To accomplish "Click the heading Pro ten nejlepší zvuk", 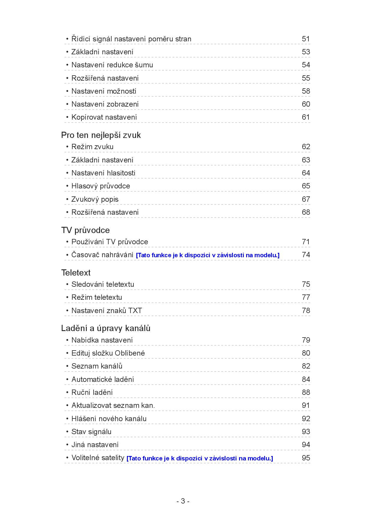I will coord(101,135).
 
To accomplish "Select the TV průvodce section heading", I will coord(85,230).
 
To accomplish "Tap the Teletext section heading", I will coord(76,273).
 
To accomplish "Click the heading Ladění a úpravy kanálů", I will coord(106,328).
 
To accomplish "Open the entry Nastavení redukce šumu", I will coord(112,65).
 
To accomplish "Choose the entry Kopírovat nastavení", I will coord(104,117).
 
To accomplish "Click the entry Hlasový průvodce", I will coord(101,186).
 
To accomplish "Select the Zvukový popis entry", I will coord(95,199).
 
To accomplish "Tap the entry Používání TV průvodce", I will coord(110,242).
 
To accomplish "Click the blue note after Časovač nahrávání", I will coord(207,255).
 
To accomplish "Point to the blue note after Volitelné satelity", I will coord(200,458).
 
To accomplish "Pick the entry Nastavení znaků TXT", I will coord(107,311).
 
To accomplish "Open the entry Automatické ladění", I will coord(102,379).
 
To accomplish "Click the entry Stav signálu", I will coord(91,432).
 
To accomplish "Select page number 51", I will coord(306,39).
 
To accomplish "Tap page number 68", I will coord(306,212).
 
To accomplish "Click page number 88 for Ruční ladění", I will coord(306,392).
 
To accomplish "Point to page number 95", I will coord(306,458).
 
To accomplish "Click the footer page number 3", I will coord(183,501).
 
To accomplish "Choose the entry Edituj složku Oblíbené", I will coord(108,353).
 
